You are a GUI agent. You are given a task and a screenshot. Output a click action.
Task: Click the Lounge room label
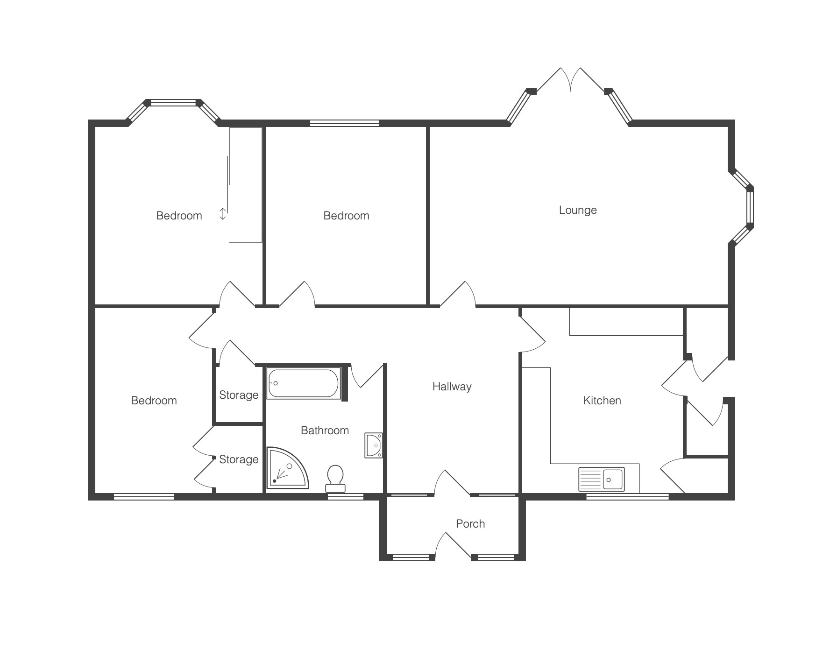pos(578,210)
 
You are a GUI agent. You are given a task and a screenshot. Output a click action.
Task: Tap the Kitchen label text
pos(602,401)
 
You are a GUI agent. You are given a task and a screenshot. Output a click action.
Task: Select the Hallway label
pos(452,387)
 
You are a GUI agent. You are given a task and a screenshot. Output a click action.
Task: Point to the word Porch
pos(470,524)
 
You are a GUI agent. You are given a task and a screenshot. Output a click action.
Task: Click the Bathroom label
pos(325,430)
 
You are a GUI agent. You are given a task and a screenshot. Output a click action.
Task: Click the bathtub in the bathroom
pos(304,383)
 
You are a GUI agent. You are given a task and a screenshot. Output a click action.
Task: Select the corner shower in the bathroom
pos(287,468)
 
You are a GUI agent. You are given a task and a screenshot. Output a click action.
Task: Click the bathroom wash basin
pos(374,445)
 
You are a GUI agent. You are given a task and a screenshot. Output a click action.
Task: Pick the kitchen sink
pos(602,479)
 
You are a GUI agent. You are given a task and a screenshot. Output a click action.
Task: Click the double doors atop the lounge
pos(570,80)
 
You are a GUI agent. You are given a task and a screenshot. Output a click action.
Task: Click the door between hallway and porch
pos(452,482)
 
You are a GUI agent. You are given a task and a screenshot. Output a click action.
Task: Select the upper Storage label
pos(239,395)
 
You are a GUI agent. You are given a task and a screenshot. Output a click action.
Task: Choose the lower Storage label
pos(239,459)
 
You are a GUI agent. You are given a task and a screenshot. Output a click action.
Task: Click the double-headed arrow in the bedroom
pos(223,214)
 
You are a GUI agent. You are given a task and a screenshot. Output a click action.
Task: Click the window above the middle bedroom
pos(345,123)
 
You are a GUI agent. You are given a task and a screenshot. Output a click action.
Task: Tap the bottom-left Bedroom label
pos(154,401)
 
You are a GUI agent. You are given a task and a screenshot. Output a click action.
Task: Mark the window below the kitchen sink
pos(627,497)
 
